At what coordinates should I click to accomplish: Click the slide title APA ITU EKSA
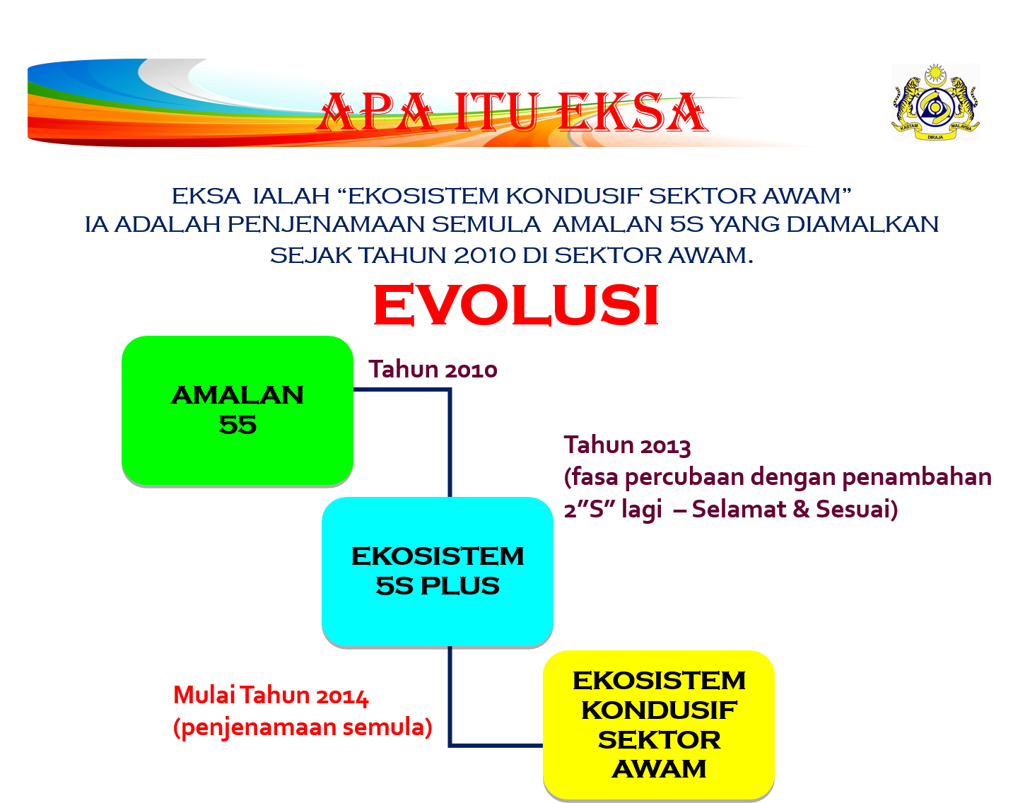click(x=512, y=113)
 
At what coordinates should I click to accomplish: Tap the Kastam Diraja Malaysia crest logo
click(x=935, y=102)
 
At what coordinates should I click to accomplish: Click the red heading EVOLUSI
click(x=516, y=306)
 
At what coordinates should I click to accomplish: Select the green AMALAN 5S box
click(x=238, y=410)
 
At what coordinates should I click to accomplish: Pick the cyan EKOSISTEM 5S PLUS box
click(x=438, y=571)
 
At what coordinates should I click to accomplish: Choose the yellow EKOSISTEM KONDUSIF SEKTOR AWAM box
click(x=659, y=725)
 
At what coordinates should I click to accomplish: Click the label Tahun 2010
click(x=433, y=369)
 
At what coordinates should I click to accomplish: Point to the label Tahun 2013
click(x=627, y=445)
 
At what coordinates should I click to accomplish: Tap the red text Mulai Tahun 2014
click(x=271, y=696)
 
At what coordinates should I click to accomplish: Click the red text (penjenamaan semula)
click(x=303, y=727)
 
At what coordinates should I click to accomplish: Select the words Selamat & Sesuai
click(x=792, y=509)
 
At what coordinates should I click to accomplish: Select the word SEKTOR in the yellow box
click(x=659, y=739)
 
